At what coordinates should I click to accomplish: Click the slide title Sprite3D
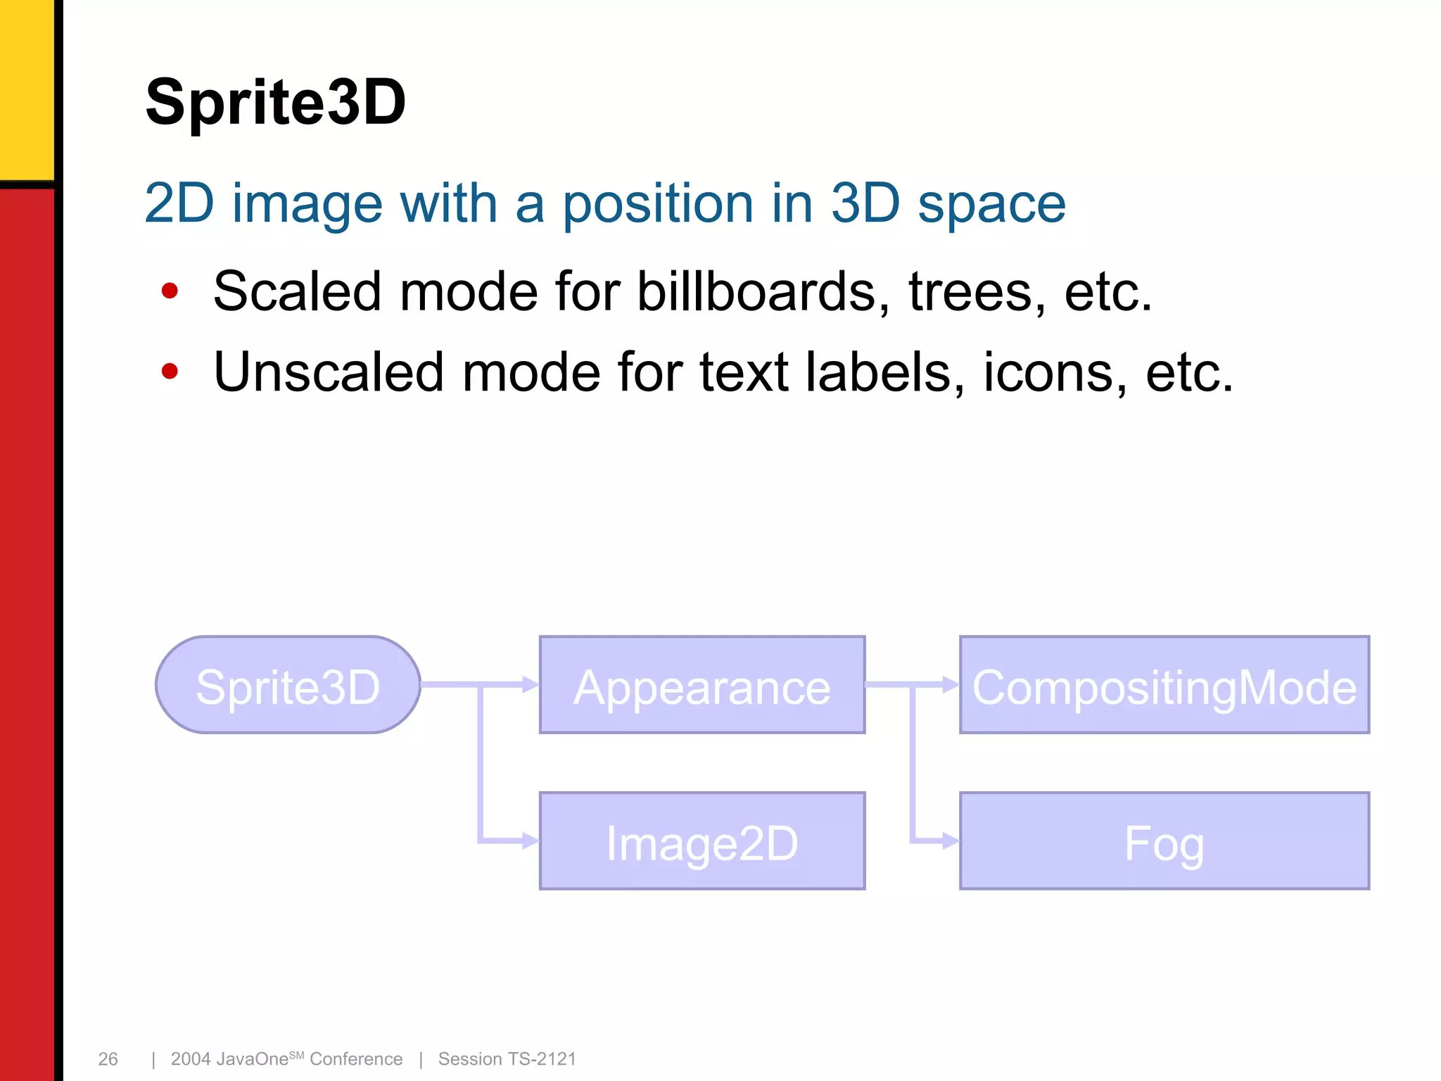(275, 103)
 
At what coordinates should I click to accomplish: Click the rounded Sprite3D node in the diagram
(288, 685)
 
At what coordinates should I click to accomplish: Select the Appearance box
(702, 685)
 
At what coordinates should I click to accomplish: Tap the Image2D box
(702, 842)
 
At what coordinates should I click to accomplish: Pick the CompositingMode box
(1164, 685)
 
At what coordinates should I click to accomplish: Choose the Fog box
(1164, 842)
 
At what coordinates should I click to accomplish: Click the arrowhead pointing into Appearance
(531, 684)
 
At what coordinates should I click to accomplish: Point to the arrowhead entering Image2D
(531, 840)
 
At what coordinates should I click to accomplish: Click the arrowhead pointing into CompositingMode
(951, 684)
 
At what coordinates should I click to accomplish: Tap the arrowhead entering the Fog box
(951, 840)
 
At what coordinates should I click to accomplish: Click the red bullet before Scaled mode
(170, 291)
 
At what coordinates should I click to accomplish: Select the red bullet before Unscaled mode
(170, 371)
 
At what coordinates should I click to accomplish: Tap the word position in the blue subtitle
(658, 204)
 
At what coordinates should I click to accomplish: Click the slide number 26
(108, 1059)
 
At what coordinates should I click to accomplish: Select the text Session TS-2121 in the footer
(507, 1059)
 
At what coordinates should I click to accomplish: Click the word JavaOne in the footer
(253, 1059)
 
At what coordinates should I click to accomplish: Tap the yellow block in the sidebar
(26, 88)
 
